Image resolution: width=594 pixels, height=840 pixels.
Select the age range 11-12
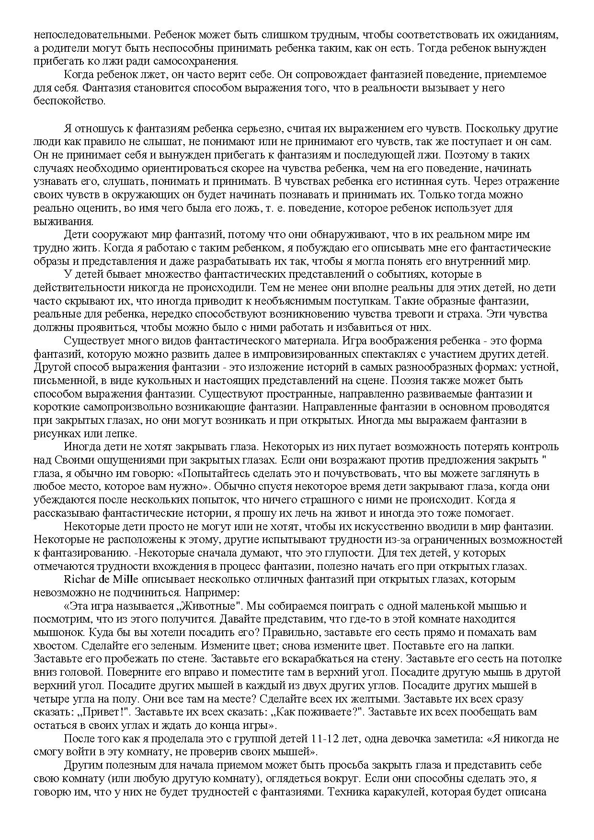tap(322, 738)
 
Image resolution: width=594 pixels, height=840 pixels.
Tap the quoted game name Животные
tap(209, 606)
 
